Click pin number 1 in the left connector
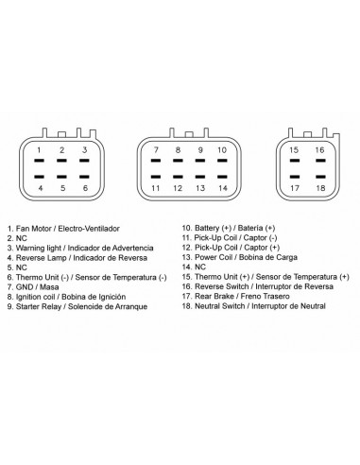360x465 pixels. click(x=39, y=150)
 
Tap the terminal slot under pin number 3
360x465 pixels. click(x=84, y=161)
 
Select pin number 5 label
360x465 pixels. click(x=63, y=188)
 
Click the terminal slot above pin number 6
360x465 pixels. click(x=84, y=177)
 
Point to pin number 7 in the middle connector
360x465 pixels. click(x=156, y=150)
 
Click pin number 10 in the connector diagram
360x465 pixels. click(x=222, y=150)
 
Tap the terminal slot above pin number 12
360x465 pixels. click(x=178, y=177)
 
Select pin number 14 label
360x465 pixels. click(x=223, y=188)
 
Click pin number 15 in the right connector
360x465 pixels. click(x=294, y=150)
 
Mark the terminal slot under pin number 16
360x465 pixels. click(x=320, y=161)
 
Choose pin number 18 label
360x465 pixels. click(x=320, y=188)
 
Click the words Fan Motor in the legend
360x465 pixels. click(x=35, y=229)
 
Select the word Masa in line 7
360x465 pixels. click(x=49, y=287)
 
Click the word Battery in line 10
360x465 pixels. click(x=207, y=228)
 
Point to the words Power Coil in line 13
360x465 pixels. click(x=214, y=257)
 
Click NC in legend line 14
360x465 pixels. click(x=200, y=267)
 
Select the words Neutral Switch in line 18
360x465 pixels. click(x=219, y=306)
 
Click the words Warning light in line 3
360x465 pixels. click(x=39, y=248)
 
